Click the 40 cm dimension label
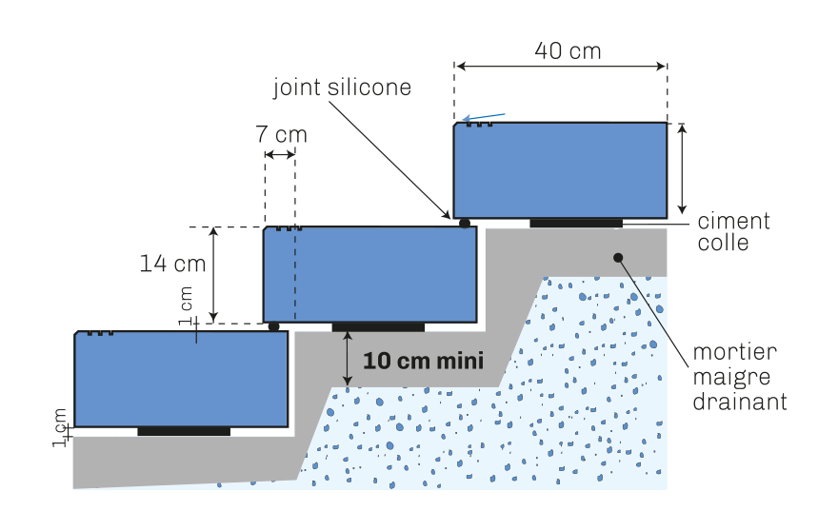[568, 51]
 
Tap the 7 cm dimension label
[282, 134]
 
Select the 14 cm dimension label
[172, 264]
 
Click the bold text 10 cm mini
[423, 361]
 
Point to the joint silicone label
[342, 88]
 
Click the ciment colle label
[734, 231]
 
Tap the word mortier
[735, 351]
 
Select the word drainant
[740, 402]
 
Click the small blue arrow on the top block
[484, 117]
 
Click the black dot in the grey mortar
[618, 258]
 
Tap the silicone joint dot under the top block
[465, 223]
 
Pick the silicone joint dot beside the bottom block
[273, 326]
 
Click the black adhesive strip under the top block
[576, 223]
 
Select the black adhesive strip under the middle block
[378, 327]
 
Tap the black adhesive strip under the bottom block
[184, 431]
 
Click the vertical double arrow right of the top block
[682, 168]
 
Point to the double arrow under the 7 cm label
[280, 155]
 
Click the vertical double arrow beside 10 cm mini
[348, 359]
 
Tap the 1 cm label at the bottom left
[60, 427]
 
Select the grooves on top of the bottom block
[100, 333]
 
